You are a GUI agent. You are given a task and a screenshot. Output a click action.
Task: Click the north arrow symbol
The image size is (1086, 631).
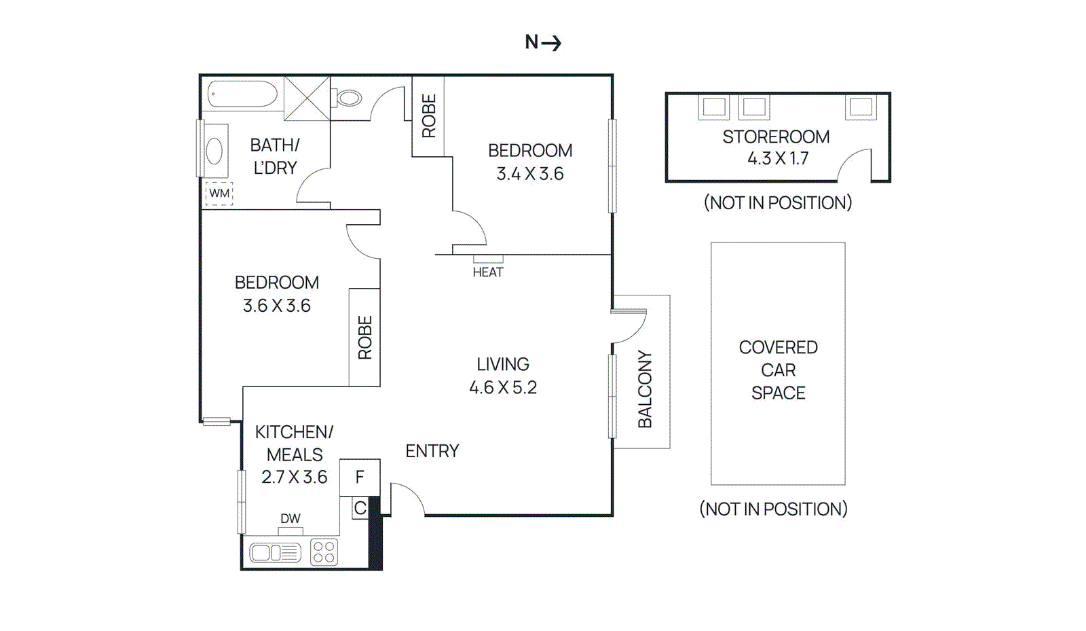(551, 43)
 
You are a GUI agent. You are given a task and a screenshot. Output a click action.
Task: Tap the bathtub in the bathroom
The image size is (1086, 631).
(242, 94)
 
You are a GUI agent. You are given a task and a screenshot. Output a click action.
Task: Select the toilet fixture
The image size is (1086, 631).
(348, 98)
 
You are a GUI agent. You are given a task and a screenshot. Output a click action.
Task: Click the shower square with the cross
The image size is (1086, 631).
(307, 98)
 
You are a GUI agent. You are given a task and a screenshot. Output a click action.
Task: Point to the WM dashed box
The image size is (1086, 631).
(219, 194)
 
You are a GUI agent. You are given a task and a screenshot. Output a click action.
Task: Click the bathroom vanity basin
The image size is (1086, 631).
(215, 151)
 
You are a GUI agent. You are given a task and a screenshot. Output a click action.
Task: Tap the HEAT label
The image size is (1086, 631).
(488, 272)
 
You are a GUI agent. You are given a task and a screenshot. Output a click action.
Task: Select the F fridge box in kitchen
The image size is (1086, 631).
(360, 477)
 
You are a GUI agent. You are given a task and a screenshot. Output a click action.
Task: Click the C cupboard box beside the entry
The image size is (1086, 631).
(360, 508)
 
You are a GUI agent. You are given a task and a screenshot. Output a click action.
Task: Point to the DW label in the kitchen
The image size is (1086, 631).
(291, 518)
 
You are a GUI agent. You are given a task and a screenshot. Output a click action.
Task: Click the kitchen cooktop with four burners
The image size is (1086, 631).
(324, 552)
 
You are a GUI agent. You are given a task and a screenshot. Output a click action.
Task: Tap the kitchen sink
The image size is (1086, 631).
(274, 553)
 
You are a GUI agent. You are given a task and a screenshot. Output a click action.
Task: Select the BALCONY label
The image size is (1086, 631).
(645, 389)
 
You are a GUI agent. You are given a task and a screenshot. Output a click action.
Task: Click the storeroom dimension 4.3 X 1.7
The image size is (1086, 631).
(778, 159)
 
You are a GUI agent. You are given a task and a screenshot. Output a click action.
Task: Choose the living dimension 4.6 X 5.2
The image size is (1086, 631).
(503, 388)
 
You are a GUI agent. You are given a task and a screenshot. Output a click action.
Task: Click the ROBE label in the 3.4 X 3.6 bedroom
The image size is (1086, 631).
(429, 116)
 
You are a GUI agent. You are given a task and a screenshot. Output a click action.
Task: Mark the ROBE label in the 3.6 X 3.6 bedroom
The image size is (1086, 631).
(365, 338)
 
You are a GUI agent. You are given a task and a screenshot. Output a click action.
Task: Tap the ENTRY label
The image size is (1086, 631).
(432, 451)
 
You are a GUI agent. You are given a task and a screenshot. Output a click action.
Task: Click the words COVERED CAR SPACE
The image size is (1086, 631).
(778, 370)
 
